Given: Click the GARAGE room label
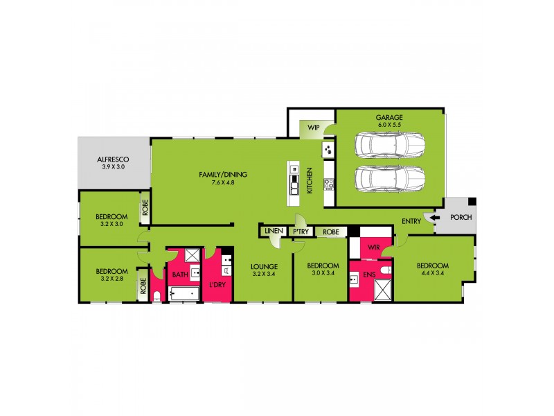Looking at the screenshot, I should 389,118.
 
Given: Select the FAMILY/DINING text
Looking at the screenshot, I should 223,174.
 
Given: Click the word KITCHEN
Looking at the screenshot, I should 310,181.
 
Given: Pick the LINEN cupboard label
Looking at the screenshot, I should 273,231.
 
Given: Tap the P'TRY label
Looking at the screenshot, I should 301,231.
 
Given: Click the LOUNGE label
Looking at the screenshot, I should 265,266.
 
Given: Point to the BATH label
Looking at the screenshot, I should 180,275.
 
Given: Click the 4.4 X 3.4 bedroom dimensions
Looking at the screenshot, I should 434,274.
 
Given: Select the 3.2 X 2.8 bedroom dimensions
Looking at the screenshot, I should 111,279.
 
